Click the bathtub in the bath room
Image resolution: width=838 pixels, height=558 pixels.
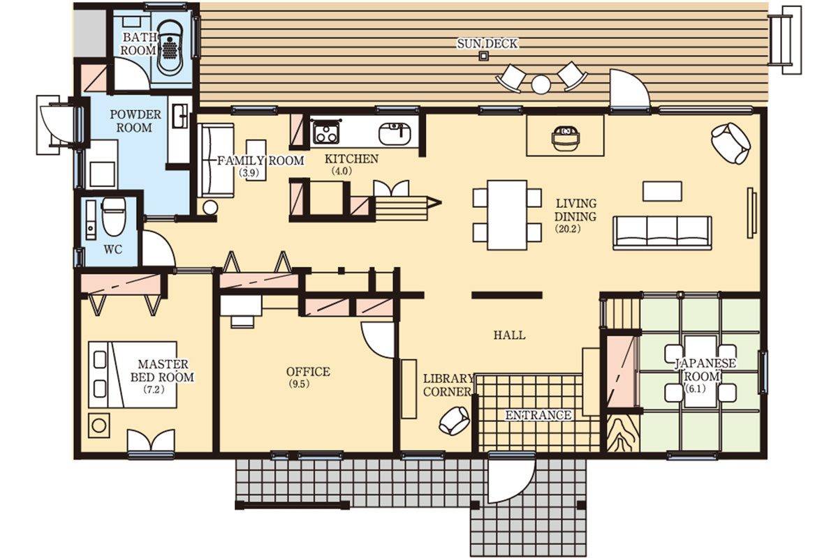pyautogui.click(x=170, y=47)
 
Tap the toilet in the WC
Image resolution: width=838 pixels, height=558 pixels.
pyautogui.click(x=114, y=217)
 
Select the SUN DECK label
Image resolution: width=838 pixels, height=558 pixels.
pyautogui.click(x=487, y=44)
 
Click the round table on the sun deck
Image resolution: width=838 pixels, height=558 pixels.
pyautogui.click(x=541, y=84)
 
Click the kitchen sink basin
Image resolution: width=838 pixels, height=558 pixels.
pyautogui.click(x=395, y=133)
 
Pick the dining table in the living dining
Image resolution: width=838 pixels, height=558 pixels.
pyautogui.click(x=507, y=215)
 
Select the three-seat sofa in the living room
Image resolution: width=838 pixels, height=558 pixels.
pyautogui.click(x=662, y=233)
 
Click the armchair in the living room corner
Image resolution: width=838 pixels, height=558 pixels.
pyautogui.click(x=730, y=143)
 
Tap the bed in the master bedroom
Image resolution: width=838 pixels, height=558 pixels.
pyautogui.click(x=133, y=374)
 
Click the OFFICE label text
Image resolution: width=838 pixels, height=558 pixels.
pyautogui.click(x=308, y=372)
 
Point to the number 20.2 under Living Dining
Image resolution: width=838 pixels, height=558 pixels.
pyautogui.click(x=568, y=229)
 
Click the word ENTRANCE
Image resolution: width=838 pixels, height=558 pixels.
pyautogui.click(x=538, y=415)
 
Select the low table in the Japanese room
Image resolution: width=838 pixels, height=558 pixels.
pyautogui.click(x=700, y=371)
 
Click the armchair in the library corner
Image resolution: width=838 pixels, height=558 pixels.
pyautogui.click(x=454, y=421)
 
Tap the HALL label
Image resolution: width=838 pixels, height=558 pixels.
pyautogui.click(x=509, y=335)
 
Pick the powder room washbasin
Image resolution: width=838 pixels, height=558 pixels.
pyautogui.click(x=180, y=116)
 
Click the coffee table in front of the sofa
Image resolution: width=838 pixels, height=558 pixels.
pyautogui.click(x=662, y=191)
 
